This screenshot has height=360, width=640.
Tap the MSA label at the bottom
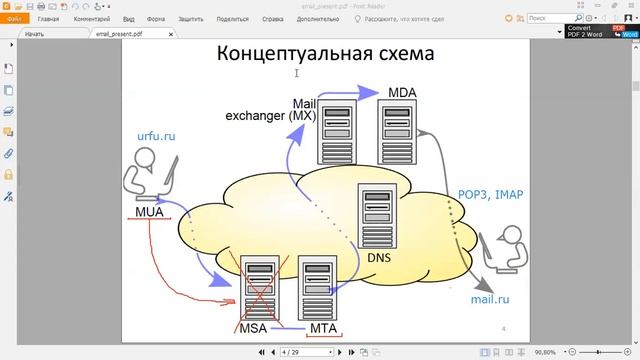pos(253,328)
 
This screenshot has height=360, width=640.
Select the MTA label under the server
pos(323,328)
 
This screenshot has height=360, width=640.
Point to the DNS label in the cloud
pos(380,257)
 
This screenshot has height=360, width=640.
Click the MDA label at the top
pos(402,93)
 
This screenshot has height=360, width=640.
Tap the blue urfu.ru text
pos(157,134)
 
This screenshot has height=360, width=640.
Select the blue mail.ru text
pos(491,298)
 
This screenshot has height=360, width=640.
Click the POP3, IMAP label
pos(490,195)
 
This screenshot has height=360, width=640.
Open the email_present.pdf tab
pos(115,34)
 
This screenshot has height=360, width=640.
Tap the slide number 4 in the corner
pos(503,328)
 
